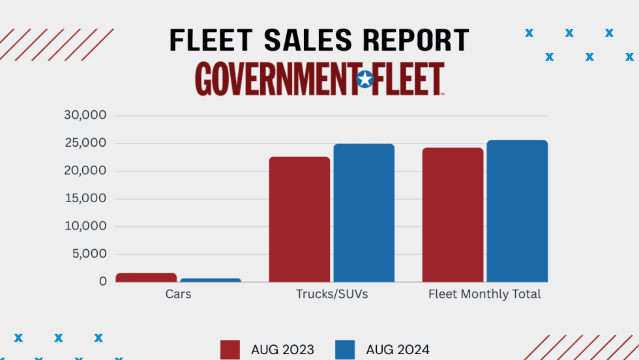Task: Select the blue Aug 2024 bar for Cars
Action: click(211, 280)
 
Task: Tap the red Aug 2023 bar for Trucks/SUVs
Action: click(299, 219)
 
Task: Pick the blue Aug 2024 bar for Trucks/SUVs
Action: click(364, 213)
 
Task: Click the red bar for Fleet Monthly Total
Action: click(453, 215)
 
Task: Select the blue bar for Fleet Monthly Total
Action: click(517, 211)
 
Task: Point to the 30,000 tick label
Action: click(85, 115)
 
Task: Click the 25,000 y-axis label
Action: click(85, 143)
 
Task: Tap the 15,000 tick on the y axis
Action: click(85, 199)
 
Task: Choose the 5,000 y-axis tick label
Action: click(89, 254)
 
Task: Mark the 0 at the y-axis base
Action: click(102, 282)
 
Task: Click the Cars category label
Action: click(178, 294)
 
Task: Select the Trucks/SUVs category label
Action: click(332, 294)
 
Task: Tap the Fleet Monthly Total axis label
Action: click(484, 294)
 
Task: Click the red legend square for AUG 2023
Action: click(230, 350)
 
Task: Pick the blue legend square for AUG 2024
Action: click(345, 350)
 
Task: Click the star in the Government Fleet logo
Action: click(365, 80)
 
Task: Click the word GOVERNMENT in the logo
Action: click(275, 80)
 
